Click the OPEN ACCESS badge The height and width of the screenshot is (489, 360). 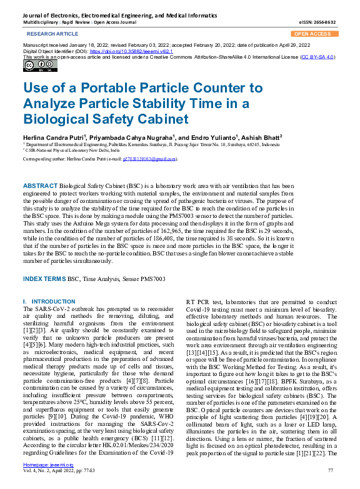pyautogui.click(x=312, y=34)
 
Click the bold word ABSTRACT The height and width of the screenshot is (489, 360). pyautogui.click(x=39, y=186)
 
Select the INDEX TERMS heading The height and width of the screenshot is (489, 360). pyautogui.click(x=44, y=278)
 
